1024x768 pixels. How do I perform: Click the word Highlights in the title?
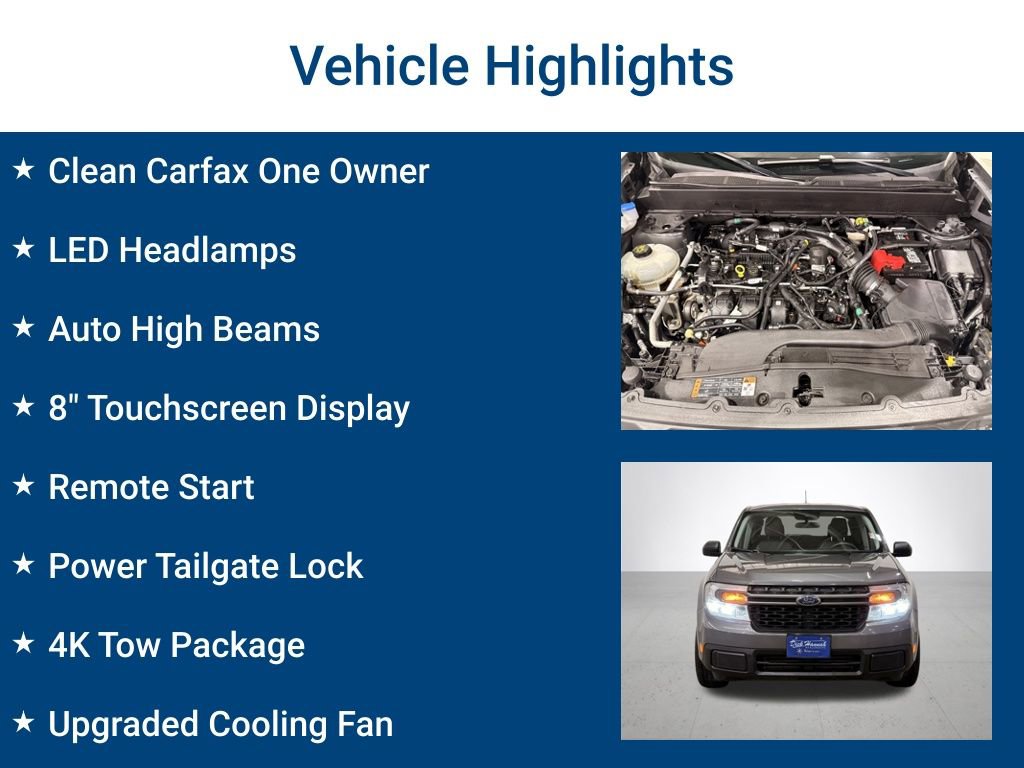[609, 67]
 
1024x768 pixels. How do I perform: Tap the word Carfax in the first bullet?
[197, 171]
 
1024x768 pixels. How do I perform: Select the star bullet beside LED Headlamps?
[24, 249]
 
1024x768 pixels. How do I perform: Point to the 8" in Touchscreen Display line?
[64, 408]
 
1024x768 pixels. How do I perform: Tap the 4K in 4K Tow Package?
[67, 645]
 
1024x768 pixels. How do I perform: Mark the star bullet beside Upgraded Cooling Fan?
[24, 723]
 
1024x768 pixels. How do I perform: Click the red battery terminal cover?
[889, 261]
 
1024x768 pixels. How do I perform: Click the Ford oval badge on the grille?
[807, 601]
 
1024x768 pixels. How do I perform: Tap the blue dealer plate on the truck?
[807, 645]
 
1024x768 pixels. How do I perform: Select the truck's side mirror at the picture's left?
[711, 548]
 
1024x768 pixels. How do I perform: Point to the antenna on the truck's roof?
[806, 498]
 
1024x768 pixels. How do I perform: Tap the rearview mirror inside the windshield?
[808, 521]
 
